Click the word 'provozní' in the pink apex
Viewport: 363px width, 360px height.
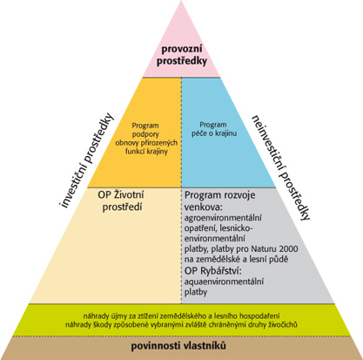(x=182, y=49)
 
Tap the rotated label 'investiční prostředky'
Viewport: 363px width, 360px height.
(x=86, y=160)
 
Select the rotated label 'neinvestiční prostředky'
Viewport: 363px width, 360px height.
(x=280, y=167)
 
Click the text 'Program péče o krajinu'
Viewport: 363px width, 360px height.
(x=214, y=129)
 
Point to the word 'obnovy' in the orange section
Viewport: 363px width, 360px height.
(x=128, y=143)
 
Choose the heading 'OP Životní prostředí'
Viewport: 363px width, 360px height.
(x=121, y=200)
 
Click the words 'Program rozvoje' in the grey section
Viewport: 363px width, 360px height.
(x=220, y=195)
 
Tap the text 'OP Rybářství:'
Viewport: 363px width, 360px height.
(x=213, y=271)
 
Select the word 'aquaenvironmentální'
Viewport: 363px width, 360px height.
(x=224, y=282)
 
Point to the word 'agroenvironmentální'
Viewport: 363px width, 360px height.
(x=223, y=218)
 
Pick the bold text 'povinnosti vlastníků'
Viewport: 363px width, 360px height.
(x=178, y=346)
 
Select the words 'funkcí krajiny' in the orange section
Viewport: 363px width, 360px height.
(x=146, y=152)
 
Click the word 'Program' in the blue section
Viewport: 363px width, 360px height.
(x=213, y=125)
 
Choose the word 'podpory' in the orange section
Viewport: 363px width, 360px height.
(x=145, y=134)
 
